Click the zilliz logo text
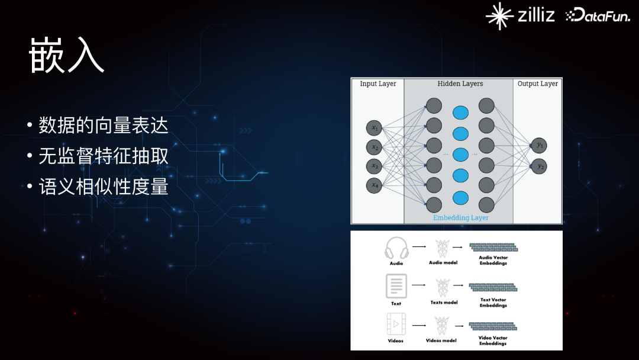[535, 15]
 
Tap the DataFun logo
[598, 17]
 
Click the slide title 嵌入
[66, 56]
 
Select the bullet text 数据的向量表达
[104, 126]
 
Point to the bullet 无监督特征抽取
[104, 156]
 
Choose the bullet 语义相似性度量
[104, 187]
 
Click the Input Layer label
[377, 84]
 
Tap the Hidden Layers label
[460, 84]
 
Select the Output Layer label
[537, 84]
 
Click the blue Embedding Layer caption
[460, 217]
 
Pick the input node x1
[374, 128]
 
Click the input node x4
[374, 185]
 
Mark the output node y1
[539, 146]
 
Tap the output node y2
[539, 167]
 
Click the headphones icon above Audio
[396, 247]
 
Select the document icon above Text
[396, 286]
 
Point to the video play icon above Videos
[396, 324]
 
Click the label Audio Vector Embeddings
[493, 261]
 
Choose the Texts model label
[444, 303]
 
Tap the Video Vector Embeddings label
[493, 340]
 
